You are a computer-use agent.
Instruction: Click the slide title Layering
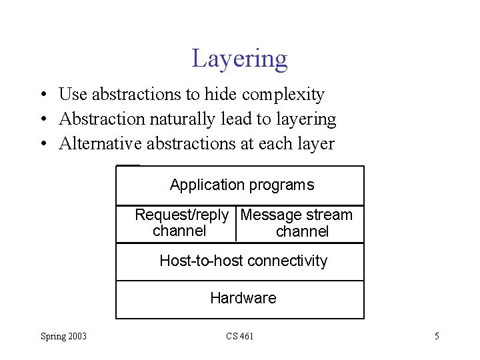pos(239,59)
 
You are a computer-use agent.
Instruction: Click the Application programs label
pos(241,185)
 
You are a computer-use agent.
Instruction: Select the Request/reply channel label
pos(181,223)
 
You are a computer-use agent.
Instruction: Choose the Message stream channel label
pos(297,223)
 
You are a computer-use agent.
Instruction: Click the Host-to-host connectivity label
pos(243,261)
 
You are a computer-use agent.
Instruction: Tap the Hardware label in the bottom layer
pos(243,298)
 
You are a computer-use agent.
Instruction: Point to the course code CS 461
pos(239,336)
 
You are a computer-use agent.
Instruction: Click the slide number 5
pos(437,336)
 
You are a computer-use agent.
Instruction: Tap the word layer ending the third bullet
pos(317,143)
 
